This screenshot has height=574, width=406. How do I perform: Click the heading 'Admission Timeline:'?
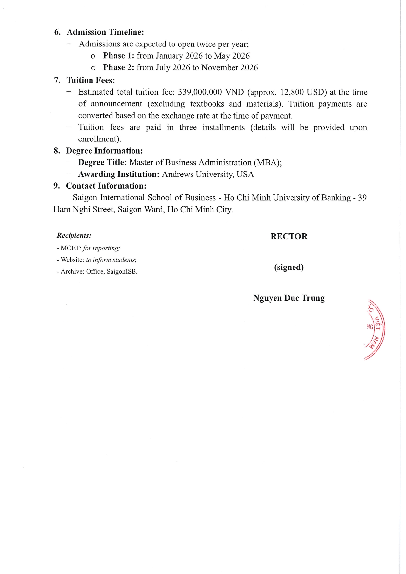(105, 32)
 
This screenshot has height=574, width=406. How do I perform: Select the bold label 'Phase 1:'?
(119, 56)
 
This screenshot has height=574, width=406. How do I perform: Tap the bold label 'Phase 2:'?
(119, 67)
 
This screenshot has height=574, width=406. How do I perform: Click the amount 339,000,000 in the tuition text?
(200, 92)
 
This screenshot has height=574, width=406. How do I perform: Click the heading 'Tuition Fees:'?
(91, 80)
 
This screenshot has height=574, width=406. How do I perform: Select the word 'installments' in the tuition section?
(223, 127)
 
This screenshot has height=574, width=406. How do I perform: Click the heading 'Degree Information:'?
(104, 151)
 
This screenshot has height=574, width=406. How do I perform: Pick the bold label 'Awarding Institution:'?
(119, 174)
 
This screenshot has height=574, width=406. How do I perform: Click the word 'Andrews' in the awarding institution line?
(178, 174)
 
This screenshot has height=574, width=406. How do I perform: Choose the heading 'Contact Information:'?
(106, 186)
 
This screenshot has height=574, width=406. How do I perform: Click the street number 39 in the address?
(362, 198)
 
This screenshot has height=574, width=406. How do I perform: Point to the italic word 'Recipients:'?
(74, 235)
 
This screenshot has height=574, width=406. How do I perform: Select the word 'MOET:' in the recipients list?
(71, 248)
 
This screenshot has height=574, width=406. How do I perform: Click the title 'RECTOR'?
(289, 237)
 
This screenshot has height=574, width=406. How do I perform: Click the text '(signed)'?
(289, 267)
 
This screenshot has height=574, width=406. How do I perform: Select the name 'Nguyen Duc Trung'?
(289, 298)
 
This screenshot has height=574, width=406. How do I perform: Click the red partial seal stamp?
(376, 329)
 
